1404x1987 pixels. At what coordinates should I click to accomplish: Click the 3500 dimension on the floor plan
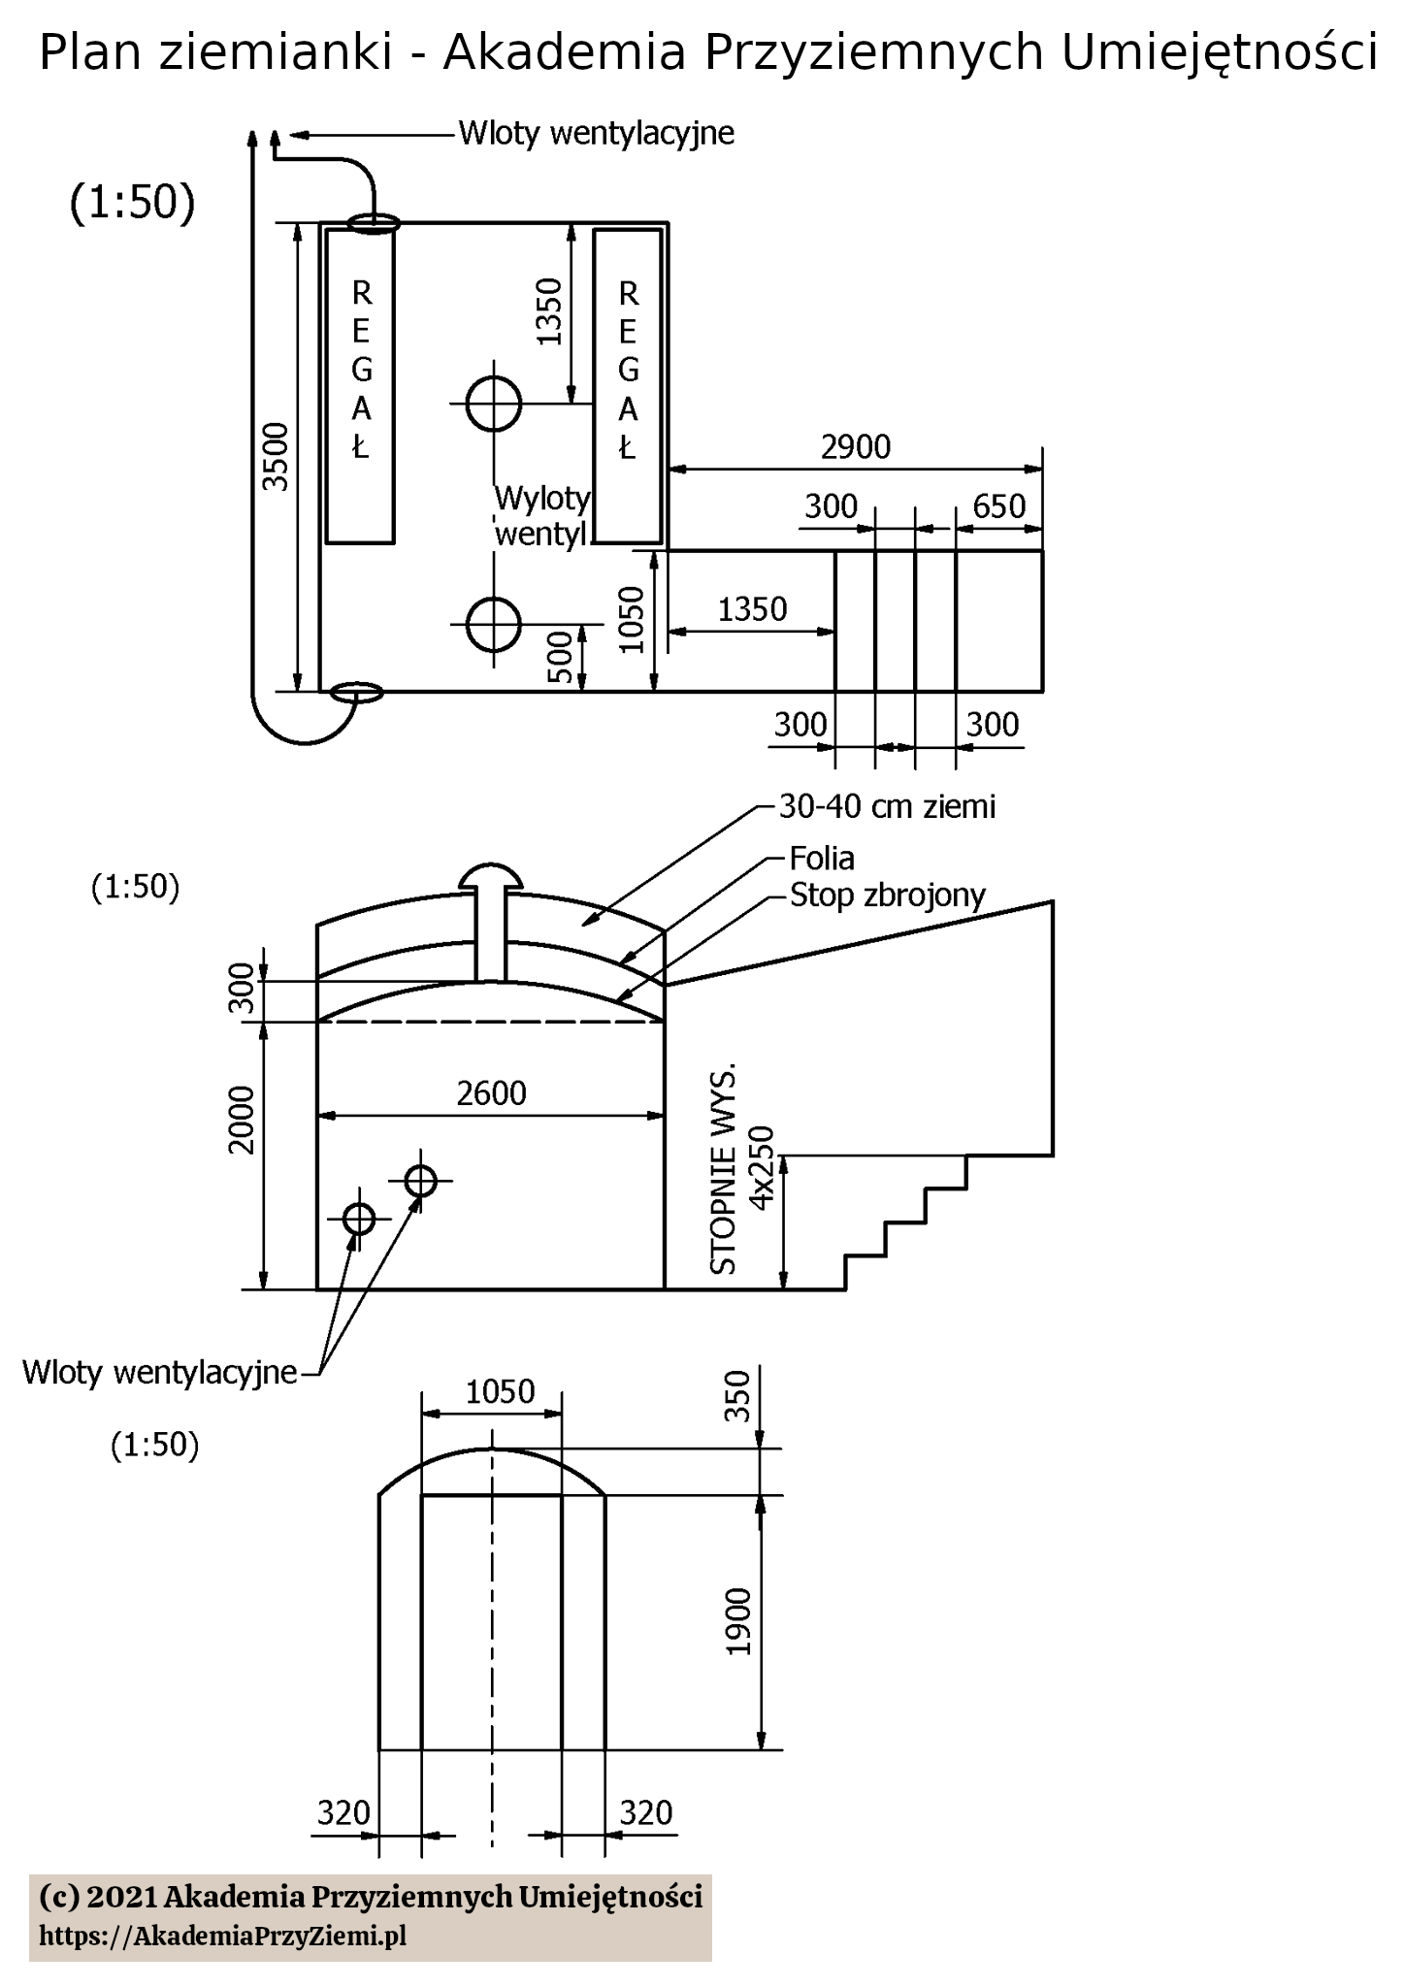[278, 457]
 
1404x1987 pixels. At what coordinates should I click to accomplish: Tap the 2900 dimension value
[855, 446]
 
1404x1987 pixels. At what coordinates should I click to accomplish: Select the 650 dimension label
[998, 505]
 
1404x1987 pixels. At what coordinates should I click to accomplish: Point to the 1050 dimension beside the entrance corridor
[632, 619]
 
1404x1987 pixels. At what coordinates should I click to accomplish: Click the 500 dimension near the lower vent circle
[560, 658]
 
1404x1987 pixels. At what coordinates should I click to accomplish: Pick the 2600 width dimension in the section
[491, 1093]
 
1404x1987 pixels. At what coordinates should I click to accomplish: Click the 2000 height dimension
[241, 1120]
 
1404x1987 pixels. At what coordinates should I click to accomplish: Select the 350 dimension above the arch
[738, 1396]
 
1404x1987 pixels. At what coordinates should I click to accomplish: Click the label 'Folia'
[822, 858]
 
